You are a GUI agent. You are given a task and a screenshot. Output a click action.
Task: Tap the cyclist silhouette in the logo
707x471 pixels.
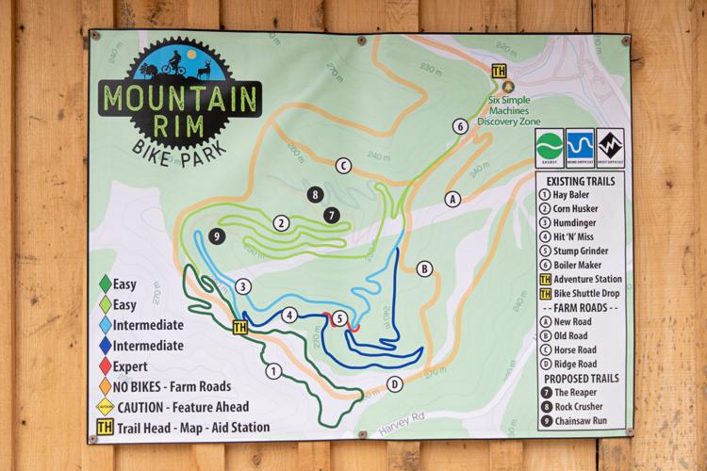tap(172, 65)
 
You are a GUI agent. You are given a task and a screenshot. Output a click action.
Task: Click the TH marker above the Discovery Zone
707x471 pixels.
tap(499, 71)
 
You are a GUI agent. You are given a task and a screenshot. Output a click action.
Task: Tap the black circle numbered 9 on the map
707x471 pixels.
tap(216, 235)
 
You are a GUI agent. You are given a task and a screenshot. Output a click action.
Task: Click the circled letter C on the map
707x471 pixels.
tap(343, 167)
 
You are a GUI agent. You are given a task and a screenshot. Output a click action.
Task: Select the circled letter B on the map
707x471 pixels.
tap(424, 269)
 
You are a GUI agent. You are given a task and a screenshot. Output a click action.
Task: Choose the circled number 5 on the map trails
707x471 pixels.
tap(338, 318)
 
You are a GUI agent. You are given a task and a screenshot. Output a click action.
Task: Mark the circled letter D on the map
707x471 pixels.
tap(395, 383)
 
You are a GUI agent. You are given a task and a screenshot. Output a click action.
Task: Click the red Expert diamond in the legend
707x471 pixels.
tap(106, 365)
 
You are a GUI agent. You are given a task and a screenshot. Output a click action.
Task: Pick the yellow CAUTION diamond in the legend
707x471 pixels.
tap(106, 407)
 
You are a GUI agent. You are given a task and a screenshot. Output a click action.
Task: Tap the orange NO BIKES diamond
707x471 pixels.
tap(106, 386)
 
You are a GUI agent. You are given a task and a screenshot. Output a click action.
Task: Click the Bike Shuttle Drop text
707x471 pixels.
tap(590, 293)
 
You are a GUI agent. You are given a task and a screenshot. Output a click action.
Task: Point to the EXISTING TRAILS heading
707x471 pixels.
tap(581, 180)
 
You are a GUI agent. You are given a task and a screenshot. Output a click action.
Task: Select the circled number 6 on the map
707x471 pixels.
tap(460, 126)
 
